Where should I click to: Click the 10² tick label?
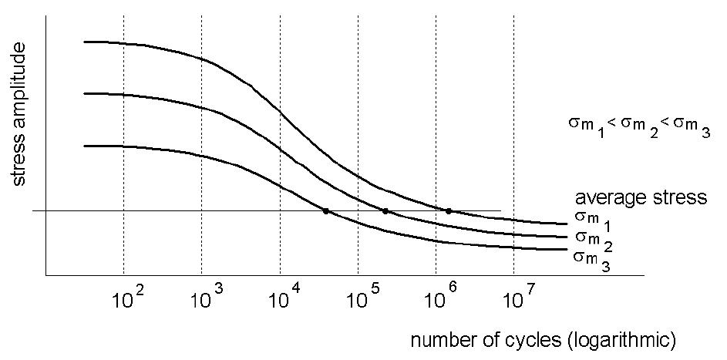128,299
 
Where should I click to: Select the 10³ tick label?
207,299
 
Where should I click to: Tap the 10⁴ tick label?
284,299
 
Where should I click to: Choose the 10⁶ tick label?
441,299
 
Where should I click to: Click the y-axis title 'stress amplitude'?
19,113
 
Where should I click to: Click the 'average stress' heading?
641,198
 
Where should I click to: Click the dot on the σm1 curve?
449,211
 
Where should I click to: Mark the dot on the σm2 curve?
385,211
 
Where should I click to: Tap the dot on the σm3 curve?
326,211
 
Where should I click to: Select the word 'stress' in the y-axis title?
19,156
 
